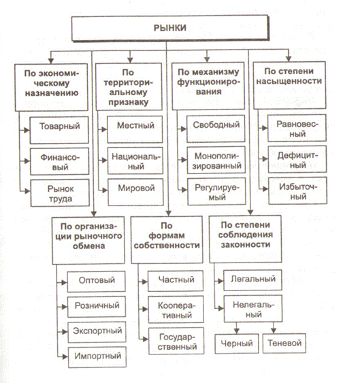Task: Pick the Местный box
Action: (x=135, y=127)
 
